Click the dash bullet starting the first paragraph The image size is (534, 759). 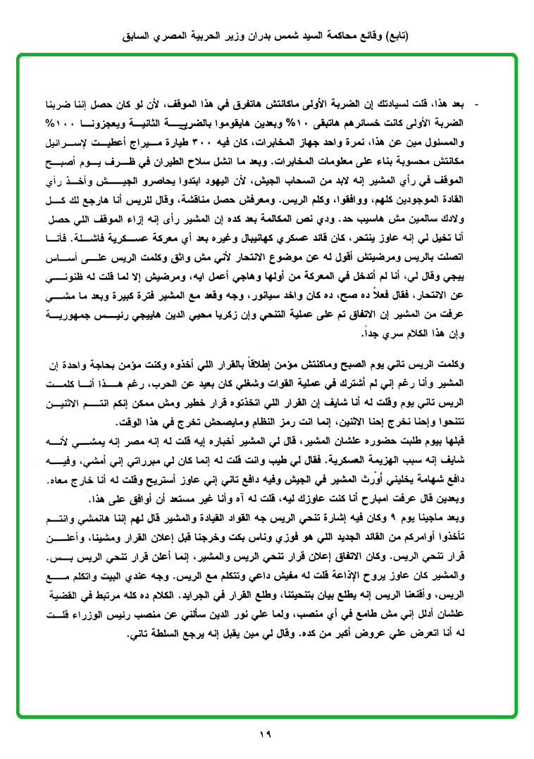point(477,105)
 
